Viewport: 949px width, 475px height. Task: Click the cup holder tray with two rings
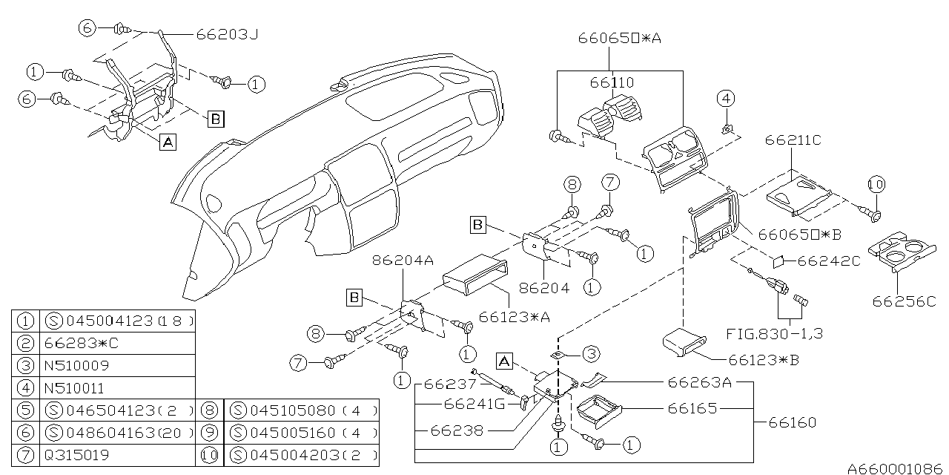click(903, 253)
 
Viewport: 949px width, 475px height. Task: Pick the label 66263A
click(700, 383)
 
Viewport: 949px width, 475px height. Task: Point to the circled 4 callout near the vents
click(727, 98)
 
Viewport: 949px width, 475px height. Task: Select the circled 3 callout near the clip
click(591, 353)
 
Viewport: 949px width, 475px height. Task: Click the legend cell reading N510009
click(76, 366)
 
